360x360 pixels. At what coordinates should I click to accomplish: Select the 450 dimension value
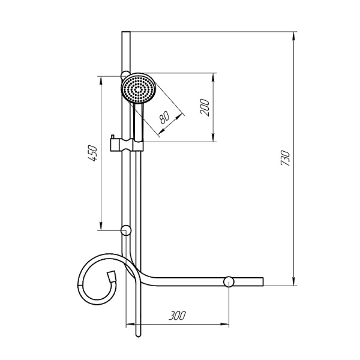click(x=92, y=154)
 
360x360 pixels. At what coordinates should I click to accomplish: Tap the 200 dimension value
click(x=204, y=107)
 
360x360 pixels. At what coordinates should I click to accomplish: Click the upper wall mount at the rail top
click(x=124, y=75)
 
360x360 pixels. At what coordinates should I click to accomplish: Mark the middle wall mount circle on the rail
click(x=126, y=230)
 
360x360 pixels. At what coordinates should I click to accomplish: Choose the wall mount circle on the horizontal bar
click(x=229, y=282)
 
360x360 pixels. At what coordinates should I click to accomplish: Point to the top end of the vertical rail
click(x=125, y=32)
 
